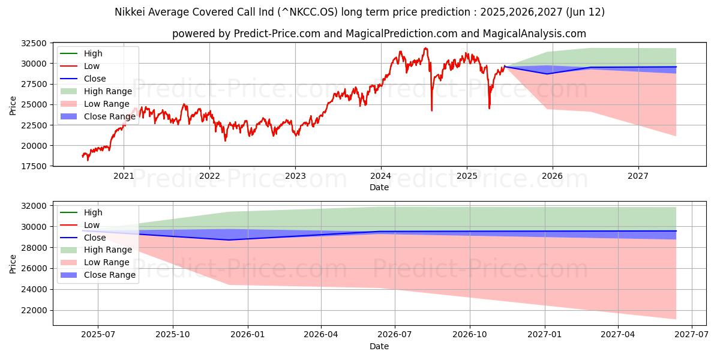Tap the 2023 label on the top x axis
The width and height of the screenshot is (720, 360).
point(295,176)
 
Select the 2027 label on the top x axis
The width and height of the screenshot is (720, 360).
point(638,176)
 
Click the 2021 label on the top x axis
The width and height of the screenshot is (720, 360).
point(124,176)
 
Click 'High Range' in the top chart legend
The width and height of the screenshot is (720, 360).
point(108,91)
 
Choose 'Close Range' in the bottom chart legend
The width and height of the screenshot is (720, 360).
point(110,275)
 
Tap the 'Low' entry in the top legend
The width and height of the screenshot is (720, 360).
point(92,66)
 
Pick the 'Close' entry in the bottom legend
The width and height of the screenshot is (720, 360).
point(95,238)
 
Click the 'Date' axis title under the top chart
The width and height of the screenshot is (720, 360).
point(379,187)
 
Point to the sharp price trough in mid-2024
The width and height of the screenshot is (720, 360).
point(431,110)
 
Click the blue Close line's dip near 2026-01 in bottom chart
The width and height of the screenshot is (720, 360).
point(229,240)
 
